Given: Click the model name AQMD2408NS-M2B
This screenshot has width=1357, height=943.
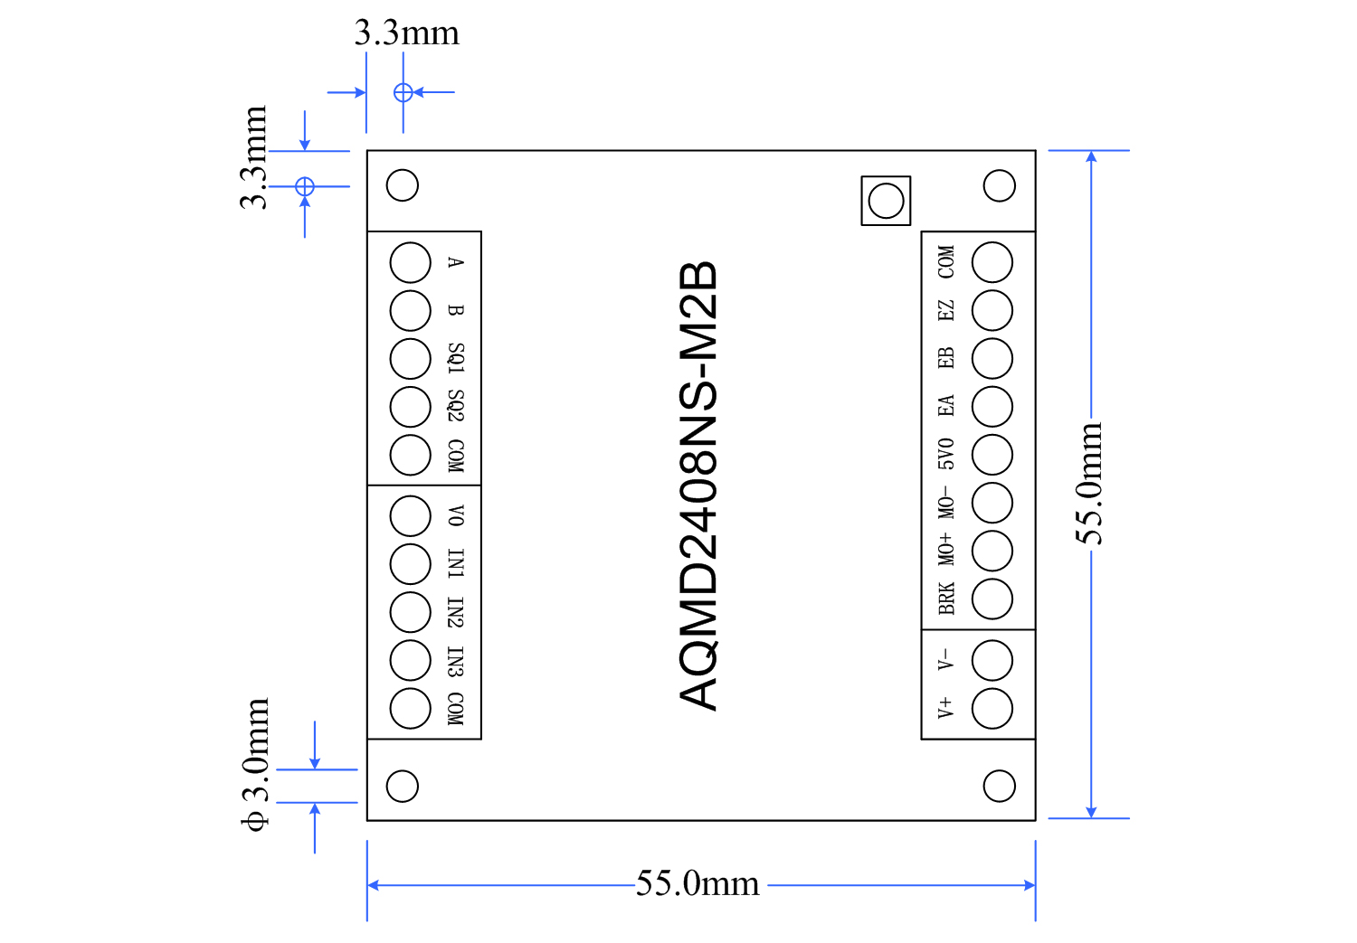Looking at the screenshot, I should coord(698,486).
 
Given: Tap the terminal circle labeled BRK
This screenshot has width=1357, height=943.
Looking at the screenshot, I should coord(992,599).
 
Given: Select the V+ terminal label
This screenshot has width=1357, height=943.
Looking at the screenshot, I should coord(945,707).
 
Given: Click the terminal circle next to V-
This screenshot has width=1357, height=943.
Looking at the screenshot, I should coord(992,661).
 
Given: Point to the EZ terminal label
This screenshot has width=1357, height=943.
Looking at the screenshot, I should coord(946,310).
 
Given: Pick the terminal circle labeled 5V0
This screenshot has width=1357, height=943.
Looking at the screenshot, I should coord(992,455).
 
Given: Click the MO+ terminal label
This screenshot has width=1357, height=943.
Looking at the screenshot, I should coord(946,549).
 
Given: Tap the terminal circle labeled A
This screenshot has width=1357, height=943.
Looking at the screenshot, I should coord(410,263).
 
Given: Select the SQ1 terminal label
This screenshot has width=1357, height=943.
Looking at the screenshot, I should coord(456,358).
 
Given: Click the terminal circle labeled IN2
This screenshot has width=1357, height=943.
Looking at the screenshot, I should coord(410,612).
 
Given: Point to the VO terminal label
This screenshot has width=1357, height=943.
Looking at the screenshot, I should coord(456,515).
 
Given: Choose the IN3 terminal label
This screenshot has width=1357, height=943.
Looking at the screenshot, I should coord(456,661).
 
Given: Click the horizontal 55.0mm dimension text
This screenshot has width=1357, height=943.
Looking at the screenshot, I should coord(697,883).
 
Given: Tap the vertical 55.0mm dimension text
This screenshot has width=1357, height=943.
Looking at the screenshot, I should coord(1090,484).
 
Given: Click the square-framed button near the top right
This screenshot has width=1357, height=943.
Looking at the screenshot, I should coord(886,201).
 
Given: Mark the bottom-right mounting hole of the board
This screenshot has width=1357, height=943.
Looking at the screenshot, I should coord(999,786).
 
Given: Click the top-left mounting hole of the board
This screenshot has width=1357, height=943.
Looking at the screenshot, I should coord(403,185).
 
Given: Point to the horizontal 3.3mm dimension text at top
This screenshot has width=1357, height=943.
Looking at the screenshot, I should coord(407,33).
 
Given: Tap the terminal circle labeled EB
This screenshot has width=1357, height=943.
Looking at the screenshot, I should coord(992,359).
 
